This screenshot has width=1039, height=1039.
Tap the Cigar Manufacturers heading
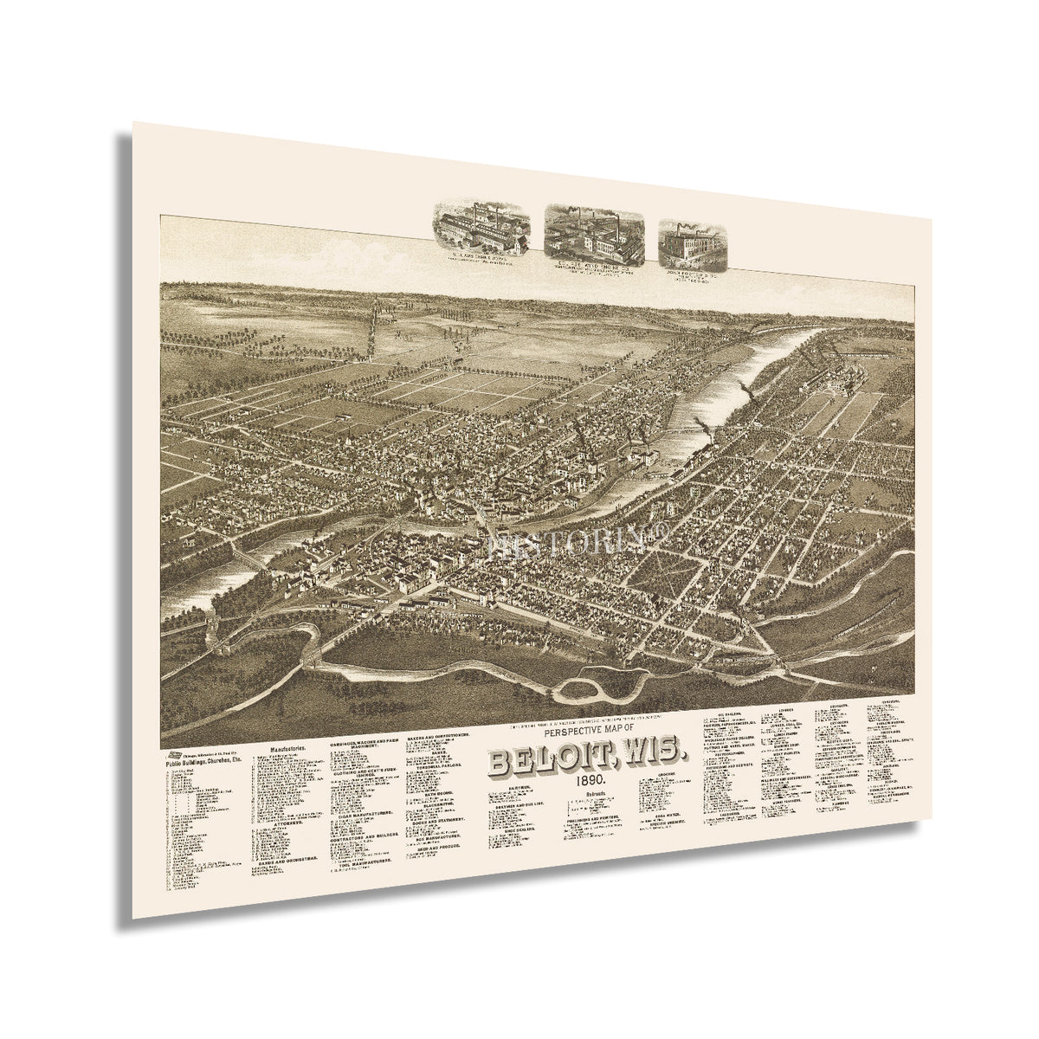pyautogui.click(x=362, y=813)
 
